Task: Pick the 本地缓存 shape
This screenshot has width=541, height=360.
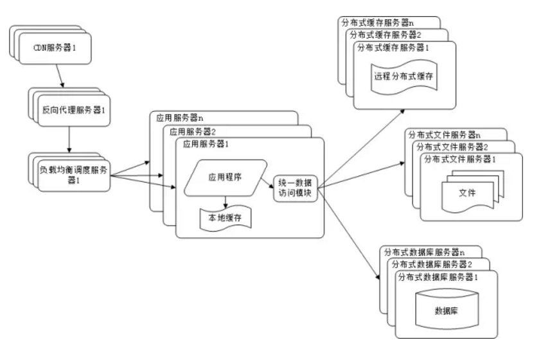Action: tap(224, 217)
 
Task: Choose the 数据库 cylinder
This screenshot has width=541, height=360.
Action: tap(446, 310)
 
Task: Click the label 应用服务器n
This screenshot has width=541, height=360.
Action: tap(181, 118)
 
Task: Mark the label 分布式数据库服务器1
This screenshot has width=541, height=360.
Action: tap(438, 277)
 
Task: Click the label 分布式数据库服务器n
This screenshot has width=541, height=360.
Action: tap(423, 252)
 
